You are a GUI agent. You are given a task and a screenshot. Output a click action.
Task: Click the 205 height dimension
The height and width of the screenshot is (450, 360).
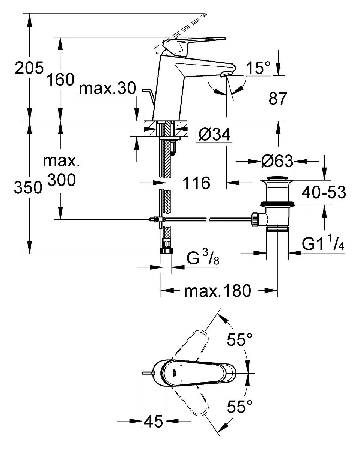click(x=29, y=68)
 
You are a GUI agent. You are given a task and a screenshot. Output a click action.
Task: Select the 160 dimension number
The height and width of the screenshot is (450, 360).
click(x=60, y=79)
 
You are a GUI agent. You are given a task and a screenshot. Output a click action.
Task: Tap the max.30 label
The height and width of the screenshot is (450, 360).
click(x=107, y=88)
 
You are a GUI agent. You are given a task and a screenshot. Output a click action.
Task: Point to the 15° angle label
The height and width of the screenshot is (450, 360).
click(x=258, y=68)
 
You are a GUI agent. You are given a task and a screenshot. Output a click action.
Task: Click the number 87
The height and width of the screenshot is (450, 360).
click(x=277, y=99)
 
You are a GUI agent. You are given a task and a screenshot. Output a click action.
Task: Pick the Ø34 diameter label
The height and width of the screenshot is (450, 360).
click(x=214, y=134)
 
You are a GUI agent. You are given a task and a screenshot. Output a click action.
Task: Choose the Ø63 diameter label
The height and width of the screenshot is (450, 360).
click(x=277, y=161)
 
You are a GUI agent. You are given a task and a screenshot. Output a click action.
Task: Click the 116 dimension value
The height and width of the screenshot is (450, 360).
click(x=196, y=183)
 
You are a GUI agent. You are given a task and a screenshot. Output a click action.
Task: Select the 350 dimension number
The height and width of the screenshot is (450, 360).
click(x=28, y=187)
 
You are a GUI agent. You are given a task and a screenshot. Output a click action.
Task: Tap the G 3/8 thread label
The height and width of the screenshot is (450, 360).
click(x=203, y=258)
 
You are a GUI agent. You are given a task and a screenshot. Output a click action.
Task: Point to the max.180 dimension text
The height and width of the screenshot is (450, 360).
click(x=217, y=291)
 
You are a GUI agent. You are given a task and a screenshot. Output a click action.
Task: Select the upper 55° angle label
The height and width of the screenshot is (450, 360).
click(x=239, y=339)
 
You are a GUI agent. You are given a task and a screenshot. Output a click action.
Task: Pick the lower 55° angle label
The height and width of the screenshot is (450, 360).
click(x=239, y=406)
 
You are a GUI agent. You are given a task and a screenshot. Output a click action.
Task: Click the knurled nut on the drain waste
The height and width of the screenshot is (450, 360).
click(x=255, y=219)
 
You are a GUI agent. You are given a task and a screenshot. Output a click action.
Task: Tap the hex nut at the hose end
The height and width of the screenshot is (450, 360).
click(x=167, y=250)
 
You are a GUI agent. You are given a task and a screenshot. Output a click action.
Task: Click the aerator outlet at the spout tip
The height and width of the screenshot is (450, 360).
click(x=226, y=74)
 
